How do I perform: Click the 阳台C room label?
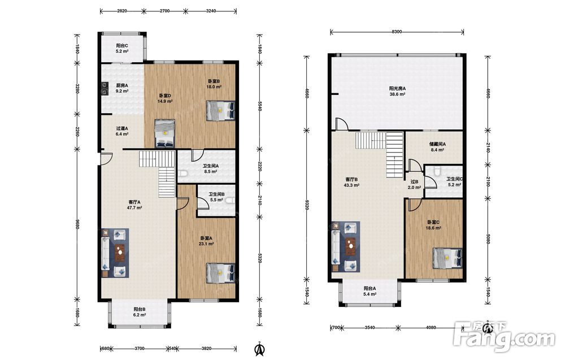coord(122,46)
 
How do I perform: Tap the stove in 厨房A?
coord(105,88)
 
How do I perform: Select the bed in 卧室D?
coord(164,133)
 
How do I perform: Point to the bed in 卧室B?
coord(220,111)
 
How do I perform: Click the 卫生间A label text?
coord(210,166)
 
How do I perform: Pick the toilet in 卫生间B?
coord(231,201)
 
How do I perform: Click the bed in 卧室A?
coord(220,274)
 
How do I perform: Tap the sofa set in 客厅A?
coord(115,253)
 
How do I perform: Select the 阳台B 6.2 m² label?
coord(140,312)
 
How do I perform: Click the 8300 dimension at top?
coord(397,32)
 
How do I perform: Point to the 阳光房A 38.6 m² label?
coord(397,91)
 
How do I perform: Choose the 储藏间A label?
coord(437,144)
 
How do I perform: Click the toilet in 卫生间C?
coord(437,171)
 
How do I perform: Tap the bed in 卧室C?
coord(447,258)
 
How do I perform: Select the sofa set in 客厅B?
coord(346,246)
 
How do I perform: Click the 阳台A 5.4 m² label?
coord(370,291)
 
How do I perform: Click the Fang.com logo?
coord(505,336)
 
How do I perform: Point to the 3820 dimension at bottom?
coord(206,349)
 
